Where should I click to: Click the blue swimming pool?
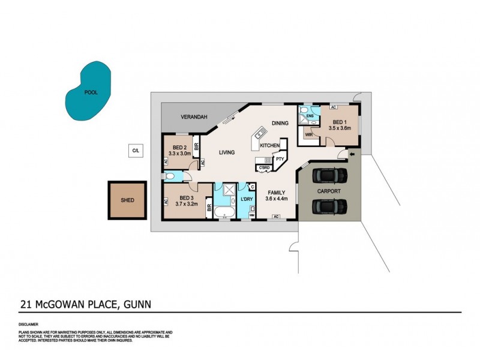point(88,92)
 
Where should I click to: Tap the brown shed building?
point(127,200)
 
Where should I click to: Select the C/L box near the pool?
point(135,151)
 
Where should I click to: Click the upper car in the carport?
point(329,175)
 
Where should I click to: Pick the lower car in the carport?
point(329,206)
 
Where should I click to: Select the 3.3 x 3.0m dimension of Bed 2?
point(181,154)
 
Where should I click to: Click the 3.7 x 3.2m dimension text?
point(187,204)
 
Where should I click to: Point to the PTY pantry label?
point(280,159)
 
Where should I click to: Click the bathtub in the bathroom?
point(226,212)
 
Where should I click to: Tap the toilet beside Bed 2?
point(171,176)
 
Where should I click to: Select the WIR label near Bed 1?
point(309,135)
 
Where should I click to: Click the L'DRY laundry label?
point(247,199)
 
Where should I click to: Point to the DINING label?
point(280,123)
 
